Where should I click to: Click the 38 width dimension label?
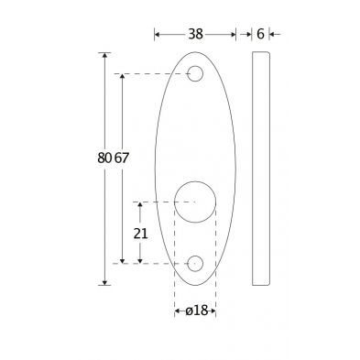point(195,34)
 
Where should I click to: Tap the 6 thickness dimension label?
point(260,34)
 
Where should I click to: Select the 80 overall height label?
point(104,158)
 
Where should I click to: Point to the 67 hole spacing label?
point(122,158)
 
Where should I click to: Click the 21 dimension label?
point(140,234)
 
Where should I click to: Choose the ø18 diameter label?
point(196,311)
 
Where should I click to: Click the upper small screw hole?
point(195,73)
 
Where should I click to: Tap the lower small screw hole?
point(195,263)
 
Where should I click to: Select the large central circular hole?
point(195,202)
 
